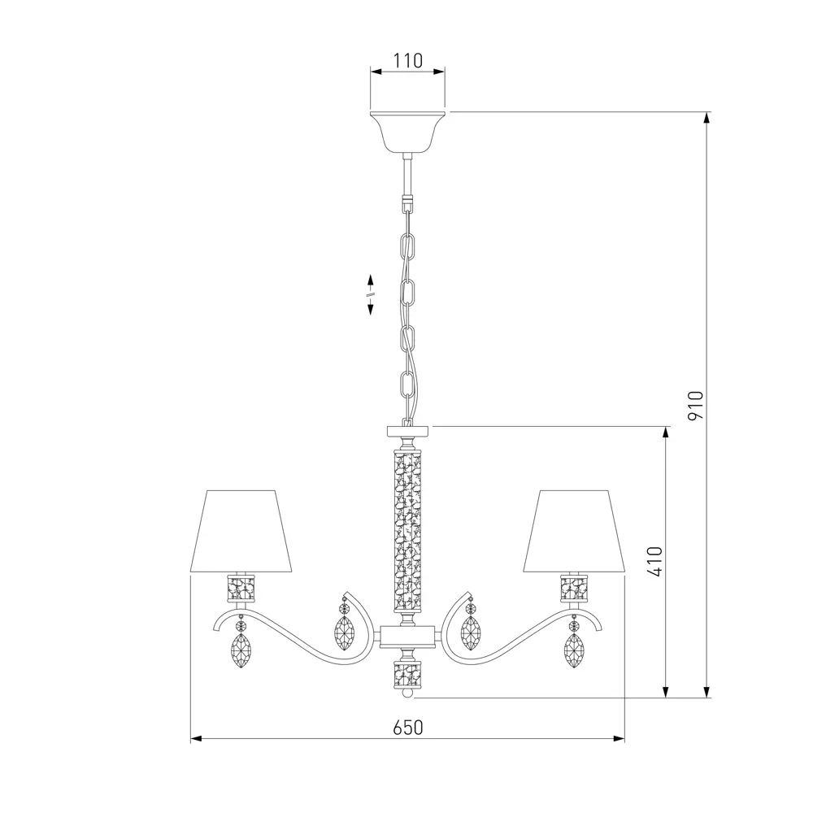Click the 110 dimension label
point(407,61)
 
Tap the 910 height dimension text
point(695,406)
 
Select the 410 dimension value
point(654,562)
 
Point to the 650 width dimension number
point(408,728)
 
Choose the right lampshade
point(575,531)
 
